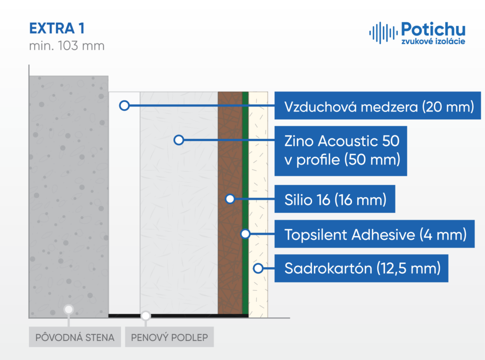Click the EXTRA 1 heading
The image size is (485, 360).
[x=57, y=28]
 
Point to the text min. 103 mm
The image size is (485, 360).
[x=67, y=46]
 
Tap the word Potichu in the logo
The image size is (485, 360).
[x=433, y=30]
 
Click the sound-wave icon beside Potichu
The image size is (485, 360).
[x=383, y=33]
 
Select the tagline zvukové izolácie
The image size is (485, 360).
[x=433, y=41]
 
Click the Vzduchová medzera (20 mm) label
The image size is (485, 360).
[x=377, y=106]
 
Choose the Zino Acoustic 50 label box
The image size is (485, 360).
[x=341, y=151]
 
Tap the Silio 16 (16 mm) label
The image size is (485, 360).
[x=335, y=199]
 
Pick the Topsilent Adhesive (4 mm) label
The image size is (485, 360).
[x=375, y=234]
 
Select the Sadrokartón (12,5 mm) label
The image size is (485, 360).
[x=361, y=268]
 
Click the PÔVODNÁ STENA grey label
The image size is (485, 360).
[x=75, y=337]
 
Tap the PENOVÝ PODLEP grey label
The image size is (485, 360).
[x=170, y=337]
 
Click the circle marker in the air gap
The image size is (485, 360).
[x=125, y=106]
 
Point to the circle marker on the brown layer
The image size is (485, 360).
[x=230, y=199]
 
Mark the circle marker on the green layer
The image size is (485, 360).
[x=245, y=234]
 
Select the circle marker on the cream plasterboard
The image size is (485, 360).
[x=258, y=268]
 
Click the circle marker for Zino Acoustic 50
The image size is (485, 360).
[x=179, y=140]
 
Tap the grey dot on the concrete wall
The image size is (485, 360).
[x=69, y=309]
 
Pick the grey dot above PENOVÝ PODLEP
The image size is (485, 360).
[x=146, y=316]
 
